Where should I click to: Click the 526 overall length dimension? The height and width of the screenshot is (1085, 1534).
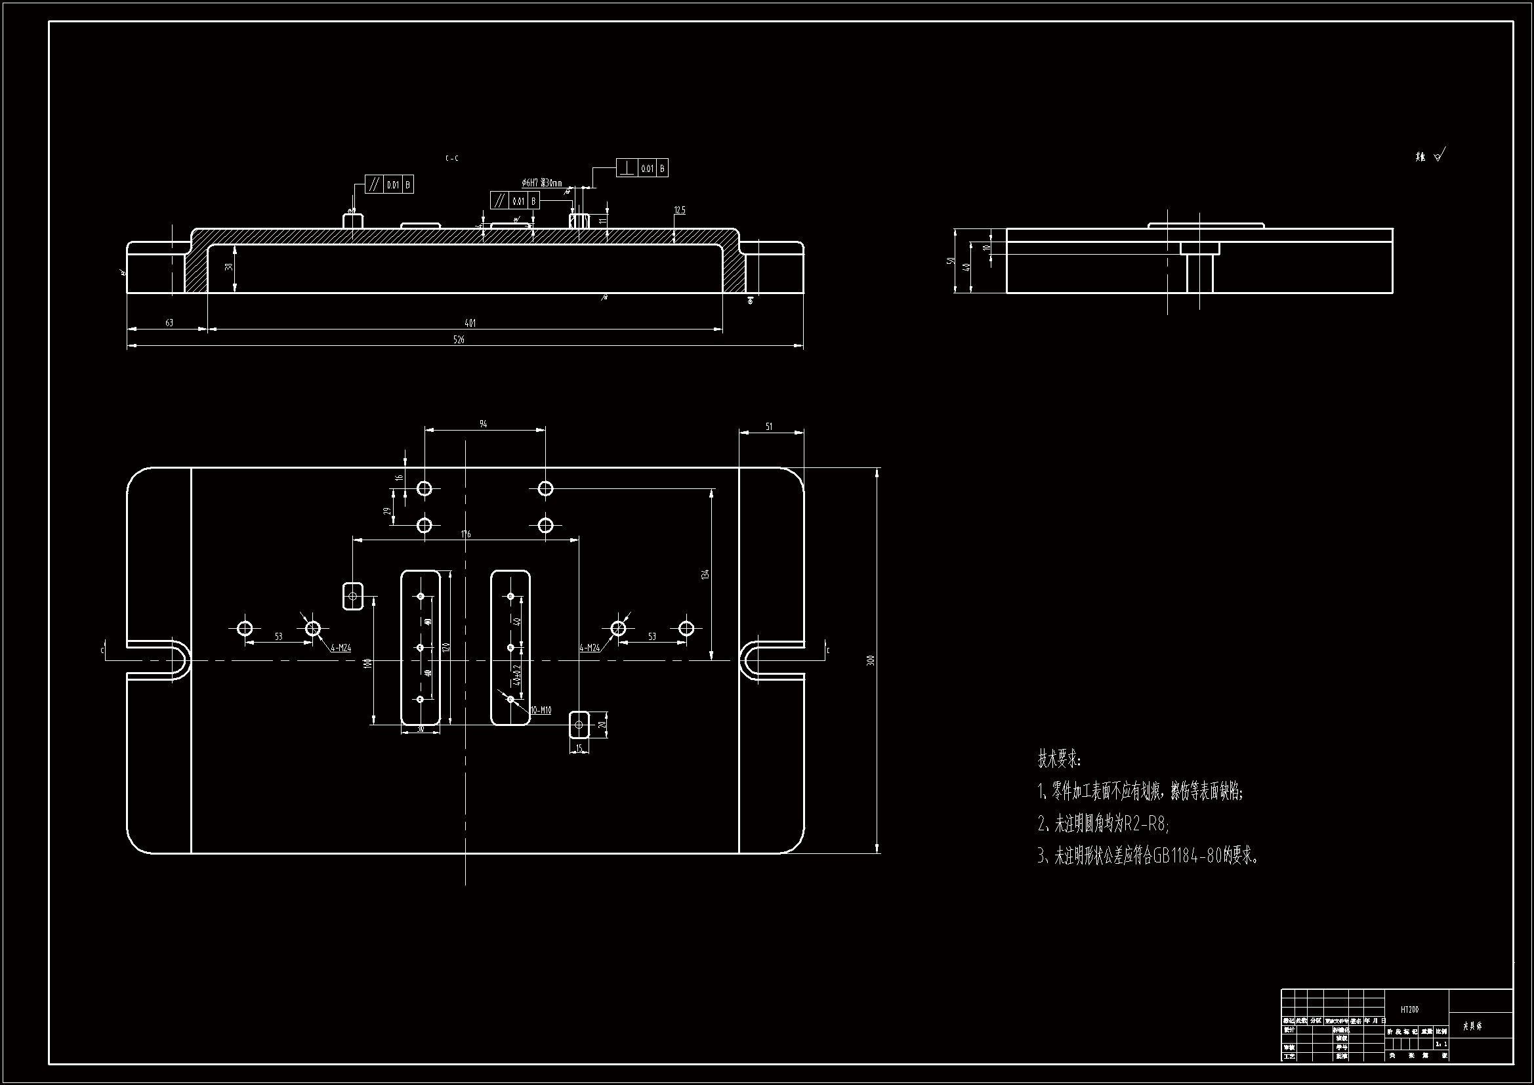[x=459, y=339]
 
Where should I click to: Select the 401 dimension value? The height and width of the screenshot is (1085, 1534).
[x=470, y=323]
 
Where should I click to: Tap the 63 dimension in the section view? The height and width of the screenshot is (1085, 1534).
[x=169, y=323]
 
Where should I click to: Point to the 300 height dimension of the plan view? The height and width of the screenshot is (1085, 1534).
[x=869, y=660]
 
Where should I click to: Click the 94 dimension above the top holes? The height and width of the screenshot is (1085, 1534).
[x=483, y=424]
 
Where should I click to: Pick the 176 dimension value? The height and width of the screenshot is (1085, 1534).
[x=466, y=534]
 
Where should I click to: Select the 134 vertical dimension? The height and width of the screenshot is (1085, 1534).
[x=705, y=574]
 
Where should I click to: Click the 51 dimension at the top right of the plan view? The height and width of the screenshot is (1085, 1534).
[x=769, y=426]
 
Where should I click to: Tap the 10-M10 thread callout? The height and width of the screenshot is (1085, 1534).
[x=541, y=710]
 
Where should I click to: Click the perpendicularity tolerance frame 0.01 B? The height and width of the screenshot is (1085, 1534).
[x=642, y=169]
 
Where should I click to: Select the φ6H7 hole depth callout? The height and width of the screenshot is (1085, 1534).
[x=542, y=182]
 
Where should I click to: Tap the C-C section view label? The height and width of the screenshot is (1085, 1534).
[x=452, y=158]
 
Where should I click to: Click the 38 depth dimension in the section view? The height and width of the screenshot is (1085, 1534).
[x=228, y=266]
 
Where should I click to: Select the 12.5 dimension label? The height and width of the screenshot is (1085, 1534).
[x=680, y=210]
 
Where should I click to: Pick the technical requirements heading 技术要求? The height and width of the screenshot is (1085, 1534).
[x=1058, y=759]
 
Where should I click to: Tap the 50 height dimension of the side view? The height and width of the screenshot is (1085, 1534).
[x=950, y=260]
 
